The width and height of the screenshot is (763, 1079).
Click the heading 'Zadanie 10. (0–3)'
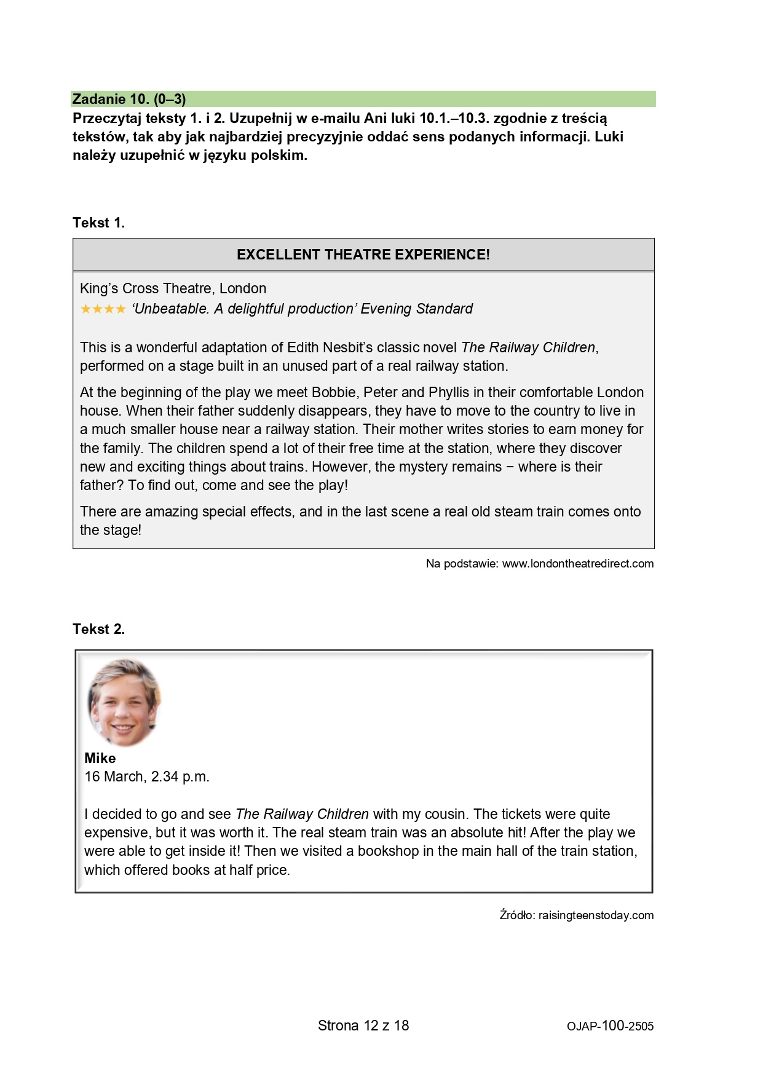pyautogui.click(x=129, y=99)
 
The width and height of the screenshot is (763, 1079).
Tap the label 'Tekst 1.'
pyautogui.click(x=98, y=223)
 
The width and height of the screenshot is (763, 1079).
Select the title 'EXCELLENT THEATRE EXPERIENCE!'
pyautogui.click(x=363, y=255)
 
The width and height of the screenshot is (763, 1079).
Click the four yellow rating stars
pyautogui.click(x=103, y=309)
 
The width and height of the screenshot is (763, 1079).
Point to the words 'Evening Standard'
pyautogui.click(x=416, y=309)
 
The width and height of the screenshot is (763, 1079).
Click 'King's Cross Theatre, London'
pyautogui.click(x=173, y=288)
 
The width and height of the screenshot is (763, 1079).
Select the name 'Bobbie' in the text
pyautogui.click(x=334, y=392)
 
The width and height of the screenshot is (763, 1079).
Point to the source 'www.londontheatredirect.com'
pyautogui.click(x=578, y=564)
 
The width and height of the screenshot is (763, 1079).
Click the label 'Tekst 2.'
pyautogui.click(x=98, y=629)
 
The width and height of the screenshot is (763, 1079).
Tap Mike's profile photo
pyautogui.click(x=124, y=702)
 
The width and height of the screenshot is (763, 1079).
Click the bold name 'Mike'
pyautogui.click(x=100, y=758)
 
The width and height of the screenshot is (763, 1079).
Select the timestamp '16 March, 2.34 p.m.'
pyautogui.click(x=147, y=777)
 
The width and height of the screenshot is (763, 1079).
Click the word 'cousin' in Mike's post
pyautogui.click(x=443, y=814)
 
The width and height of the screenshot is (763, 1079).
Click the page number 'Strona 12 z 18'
pyautogui.click(x=363, y=1026)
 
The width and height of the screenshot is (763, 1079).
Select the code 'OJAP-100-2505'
pyautogui.click(x=610, y=1026)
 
